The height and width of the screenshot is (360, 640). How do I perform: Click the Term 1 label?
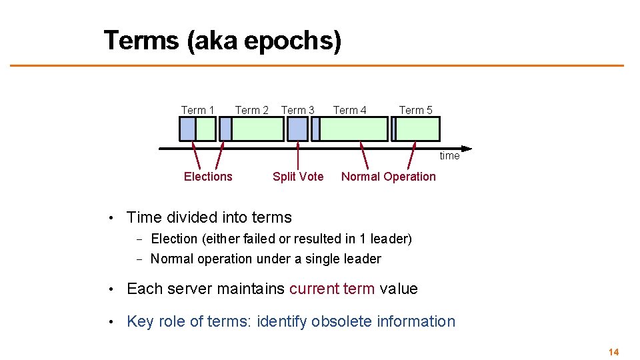[197, 110]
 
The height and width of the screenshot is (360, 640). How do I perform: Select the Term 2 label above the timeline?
[251, 110]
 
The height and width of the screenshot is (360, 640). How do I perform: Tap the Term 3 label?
[297, 110]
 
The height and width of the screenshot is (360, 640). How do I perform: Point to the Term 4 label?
[349, 110]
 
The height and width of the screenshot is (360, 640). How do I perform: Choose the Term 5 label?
[415, 110]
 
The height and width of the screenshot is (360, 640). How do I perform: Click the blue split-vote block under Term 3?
[297, 129]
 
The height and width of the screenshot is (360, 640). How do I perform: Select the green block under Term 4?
[354, 129]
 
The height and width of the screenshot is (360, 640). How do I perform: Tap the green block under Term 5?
[418, 129]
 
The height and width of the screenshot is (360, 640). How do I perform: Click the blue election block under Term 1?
[187, 129]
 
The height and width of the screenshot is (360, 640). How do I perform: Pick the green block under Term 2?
[257, 129]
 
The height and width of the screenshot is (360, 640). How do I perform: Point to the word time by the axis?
[449, 156]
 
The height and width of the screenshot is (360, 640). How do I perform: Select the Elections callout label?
[208, 177]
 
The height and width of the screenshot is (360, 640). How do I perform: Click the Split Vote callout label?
[298, 177]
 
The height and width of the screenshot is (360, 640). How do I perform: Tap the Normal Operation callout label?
[388, 177]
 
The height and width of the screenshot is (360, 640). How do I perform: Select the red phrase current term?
[332, 289]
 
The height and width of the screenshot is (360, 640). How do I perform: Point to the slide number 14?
[613, 352]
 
